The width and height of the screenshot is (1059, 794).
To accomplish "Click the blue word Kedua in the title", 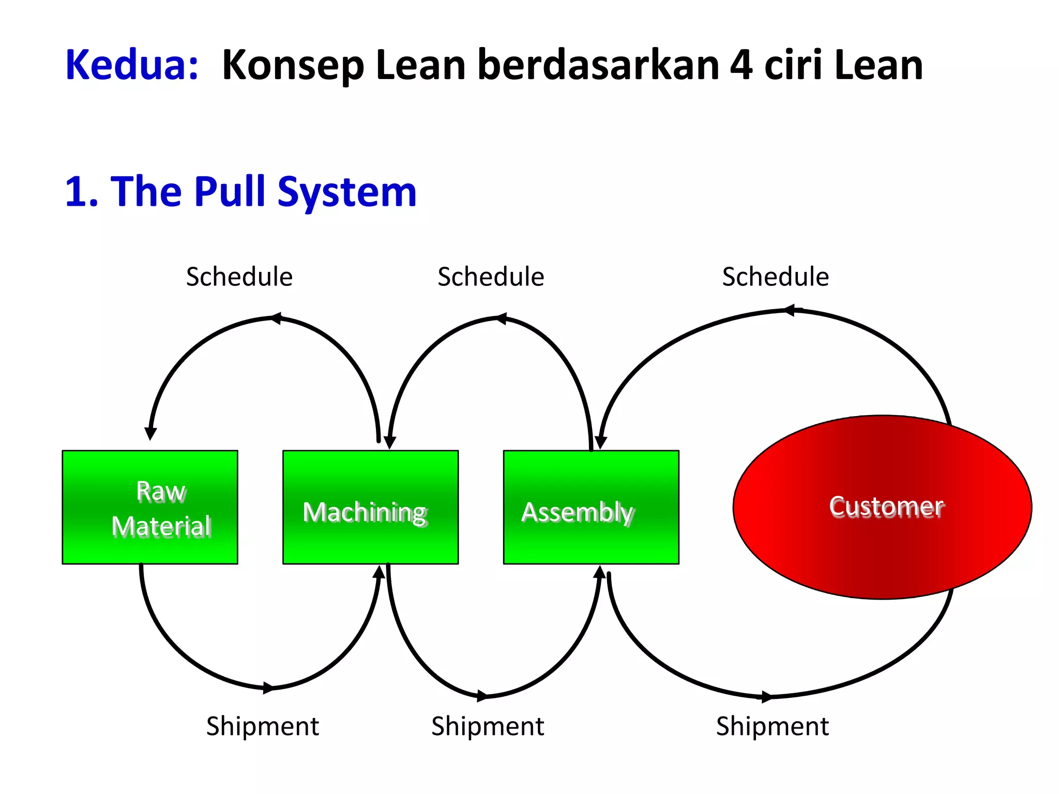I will (x=132, y=65).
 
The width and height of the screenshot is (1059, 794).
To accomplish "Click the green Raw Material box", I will (x=150, y=507).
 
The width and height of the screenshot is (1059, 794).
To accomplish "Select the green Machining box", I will (x=370, y=507).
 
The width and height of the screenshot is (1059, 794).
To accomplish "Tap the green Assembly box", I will (x=591, y=507).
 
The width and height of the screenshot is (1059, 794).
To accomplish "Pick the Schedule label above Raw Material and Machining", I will (x=239, y=277).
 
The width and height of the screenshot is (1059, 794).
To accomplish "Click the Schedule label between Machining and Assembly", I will (x=491, y=277).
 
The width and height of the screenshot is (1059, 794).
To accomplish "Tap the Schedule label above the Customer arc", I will (x=775, y=277).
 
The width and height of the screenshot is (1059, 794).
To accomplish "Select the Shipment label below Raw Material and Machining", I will (x=263, y=726).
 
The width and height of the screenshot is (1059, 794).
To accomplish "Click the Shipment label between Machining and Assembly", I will (x=488, y=726).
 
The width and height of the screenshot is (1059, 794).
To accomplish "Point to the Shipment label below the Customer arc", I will (x=772, y=726).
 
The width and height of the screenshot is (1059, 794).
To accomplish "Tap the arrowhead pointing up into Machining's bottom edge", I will (x=380, y=572).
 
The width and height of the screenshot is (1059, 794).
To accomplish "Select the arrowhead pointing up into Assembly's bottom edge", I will (x=599, y=572).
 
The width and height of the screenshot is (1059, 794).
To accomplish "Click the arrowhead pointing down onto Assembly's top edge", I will (x=600, y=442).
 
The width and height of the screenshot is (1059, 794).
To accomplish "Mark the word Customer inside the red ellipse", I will (x=886, y=507).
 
